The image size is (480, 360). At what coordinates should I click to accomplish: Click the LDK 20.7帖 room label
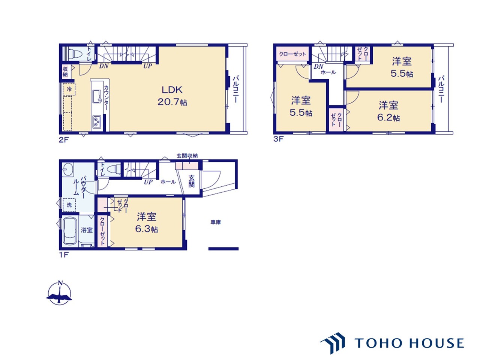pos(172,96)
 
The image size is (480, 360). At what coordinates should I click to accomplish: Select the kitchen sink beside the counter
pos(97,96)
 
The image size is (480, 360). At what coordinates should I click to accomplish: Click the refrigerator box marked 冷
pos(69,89)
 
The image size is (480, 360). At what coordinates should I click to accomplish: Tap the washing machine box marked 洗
pos(69,205)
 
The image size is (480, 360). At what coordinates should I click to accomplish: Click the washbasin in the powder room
pos(68,169)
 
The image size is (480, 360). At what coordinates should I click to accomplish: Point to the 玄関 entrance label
pos(191,181)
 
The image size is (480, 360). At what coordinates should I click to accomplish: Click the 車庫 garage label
pos(216,222)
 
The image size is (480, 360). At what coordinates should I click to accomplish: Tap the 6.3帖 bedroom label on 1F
pos(147,223)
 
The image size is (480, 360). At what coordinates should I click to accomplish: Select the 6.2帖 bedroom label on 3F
pos(388,111)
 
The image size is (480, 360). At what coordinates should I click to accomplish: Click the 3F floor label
pos(279,139)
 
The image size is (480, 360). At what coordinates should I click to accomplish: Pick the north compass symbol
pos(59,292)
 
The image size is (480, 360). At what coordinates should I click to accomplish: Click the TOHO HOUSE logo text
pos(409,343)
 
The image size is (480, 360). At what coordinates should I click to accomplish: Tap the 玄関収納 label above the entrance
pos(187,156)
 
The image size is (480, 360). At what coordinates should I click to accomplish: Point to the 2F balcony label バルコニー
pos(236,89)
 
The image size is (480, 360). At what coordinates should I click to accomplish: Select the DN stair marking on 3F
pos(318,66)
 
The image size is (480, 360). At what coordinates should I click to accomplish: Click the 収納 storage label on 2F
pos(65,72)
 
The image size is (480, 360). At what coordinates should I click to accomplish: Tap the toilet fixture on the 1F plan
pos(114,169)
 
